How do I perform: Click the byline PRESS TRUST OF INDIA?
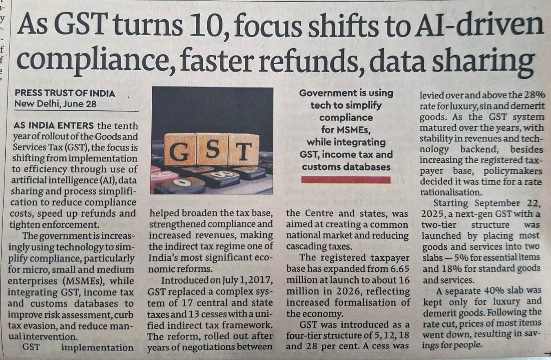click(65, 93)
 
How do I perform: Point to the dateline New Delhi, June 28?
click(56, 104)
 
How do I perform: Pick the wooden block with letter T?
click(243, 150)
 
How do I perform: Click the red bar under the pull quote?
click(346, 180)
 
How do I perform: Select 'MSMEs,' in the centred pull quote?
click(346, 130)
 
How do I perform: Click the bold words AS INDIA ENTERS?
click(53, 125)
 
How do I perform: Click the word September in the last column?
click(497, 203)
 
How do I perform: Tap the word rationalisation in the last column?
click(451, 192)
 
